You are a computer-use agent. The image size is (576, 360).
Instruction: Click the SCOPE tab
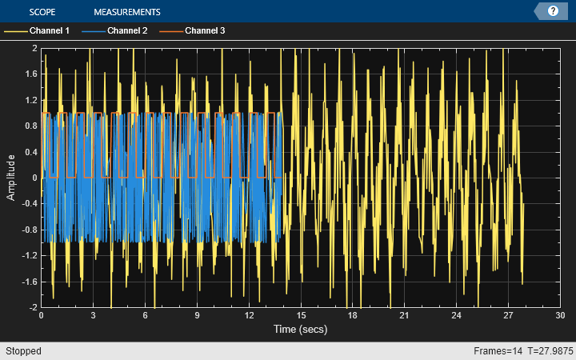(42, 12)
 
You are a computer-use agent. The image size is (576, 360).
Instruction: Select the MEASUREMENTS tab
(126, 12)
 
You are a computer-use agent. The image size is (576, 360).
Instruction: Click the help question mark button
(552, 11)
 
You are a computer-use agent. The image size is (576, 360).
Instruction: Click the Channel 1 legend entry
(50, 31)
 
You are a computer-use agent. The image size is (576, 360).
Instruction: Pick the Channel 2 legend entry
(127, 31)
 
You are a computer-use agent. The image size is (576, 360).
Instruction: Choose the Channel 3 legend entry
(205, 31)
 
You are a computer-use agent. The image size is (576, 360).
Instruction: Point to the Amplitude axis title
(12, 178)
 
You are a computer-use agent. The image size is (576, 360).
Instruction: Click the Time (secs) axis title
(300, 329)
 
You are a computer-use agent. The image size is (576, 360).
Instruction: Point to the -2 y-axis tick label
(33, 307)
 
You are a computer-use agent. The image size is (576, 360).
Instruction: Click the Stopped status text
(24, 351)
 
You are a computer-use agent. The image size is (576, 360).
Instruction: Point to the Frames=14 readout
(495, 351)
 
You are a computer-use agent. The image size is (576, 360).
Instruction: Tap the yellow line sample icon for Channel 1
(15, 31)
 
